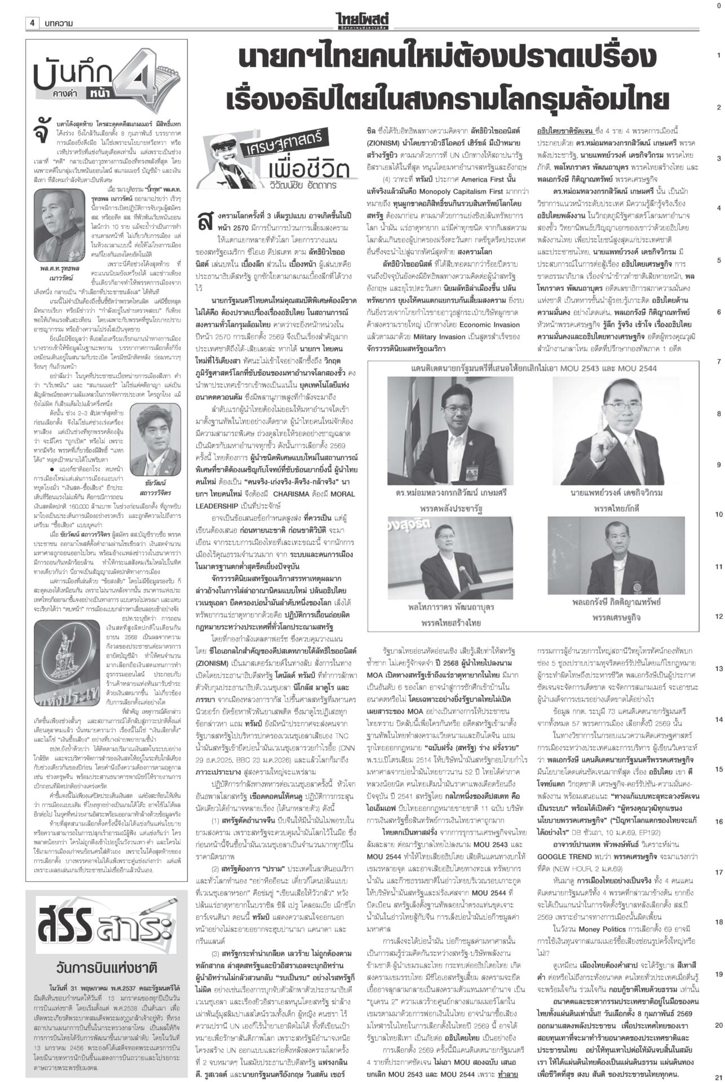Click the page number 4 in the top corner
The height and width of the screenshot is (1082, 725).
pyautogui.click(x=33, y=23)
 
